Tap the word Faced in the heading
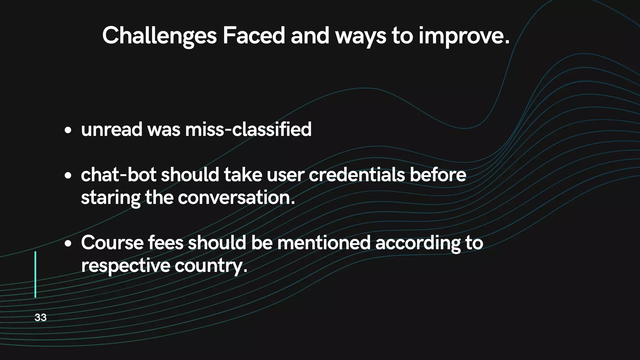[x=253, y=35]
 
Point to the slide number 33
[x=41, y=317]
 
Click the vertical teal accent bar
[x=35, y=274]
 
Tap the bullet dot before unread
[x=68, y=130]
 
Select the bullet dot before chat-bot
[x=68, y=175]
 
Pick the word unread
[x=112, y=129]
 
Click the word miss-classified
[x=248, y=129]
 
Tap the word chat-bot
[x=118, y=175]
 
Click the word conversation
[x=236, y=198]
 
